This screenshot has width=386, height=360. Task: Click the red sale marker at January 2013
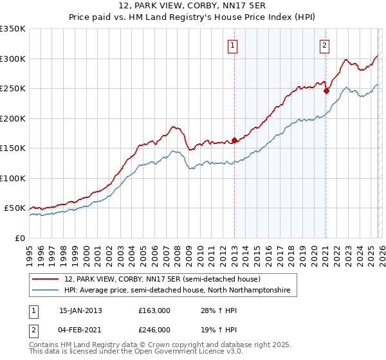click(234, 140)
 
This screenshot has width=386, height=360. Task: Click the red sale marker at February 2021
click(326, 91)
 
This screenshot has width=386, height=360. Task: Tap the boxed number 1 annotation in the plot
click(232, 45)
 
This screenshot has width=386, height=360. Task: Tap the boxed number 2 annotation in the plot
click(324, 45)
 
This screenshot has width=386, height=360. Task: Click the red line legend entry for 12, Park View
click(162, 279)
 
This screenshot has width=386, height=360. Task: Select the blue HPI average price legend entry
click(177, 291)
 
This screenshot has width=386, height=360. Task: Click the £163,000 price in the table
click(154, 310)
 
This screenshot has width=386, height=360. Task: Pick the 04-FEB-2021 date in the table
click(80, 329)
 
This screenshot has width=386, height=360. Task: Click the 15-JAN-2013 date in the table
click(80, 310)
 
